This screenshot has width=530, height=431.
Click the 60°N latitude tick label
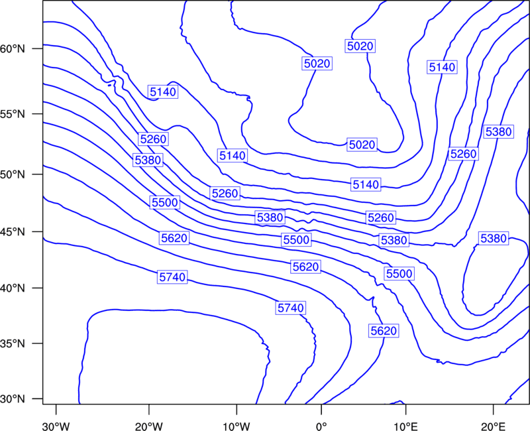click(13, 48)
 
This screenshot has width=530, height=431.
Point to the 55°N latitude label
click(13, 114)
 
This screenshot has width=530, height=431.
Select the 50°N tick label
click(13, 174)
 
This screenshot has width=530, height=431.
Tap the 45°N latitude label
click(13, 231)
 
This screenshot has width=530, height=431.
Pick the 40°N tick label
click(13, 288)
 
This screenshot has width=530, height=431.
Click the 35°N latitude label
click(13, 343)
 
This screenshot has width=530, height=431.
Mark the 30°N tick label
click(13, 399)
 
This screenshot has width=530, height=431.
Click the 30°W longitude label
click(56, 426)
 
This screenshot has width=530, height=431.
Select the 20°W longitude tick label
click(149, 426)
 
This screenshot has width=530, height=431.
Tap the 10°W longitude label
click(237, 426)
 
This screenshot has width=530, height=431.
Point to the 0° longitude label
click(321, 426)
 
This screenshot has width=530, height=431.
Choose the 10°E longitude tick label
click(405, 426)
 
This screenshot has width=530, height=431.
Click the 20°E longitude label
click(493, 426)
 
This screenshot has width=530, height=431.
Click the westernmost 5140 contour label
click(163, 92)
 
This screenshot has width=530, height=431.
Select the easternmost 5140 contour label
click(442, 67)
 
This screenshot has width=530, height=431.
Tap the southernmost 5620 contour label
click(384, 330)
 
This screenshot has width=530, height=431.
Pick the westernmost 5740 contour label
click(172, 277)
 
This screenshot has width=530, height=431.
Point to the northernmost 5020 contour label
click(360, 46)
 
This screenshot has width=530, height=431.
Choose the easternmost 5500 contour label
click(399, 273)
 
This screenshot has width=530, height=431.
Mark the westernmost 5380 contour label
click(148, 160)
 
